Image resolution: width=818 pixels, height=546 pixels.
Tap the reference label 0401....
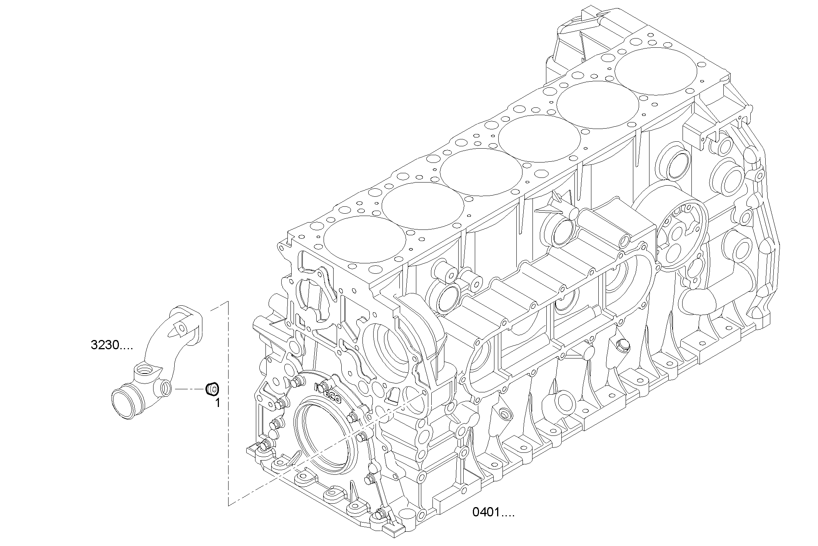point(493,513)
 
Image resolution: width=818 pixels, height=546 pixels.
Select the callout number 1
point(217,403)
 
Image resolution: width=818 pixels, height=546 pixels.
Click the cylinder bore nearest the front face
point(364,240)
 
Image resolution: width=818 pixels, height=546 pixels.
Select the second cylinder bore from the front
point(422,206)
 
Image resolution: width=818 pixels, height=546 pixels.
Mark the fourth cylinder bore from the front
point(539,139)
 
